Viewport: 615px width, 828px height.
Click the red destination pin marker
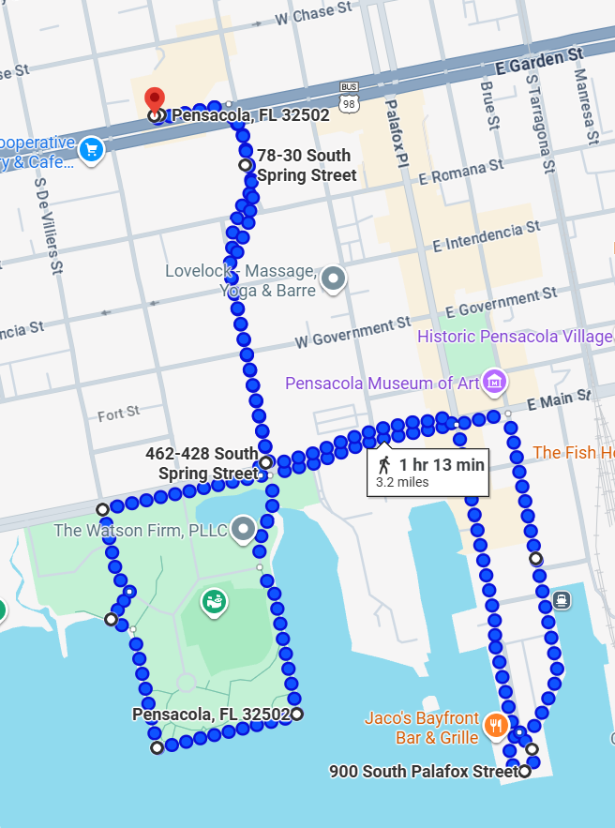[155, 100]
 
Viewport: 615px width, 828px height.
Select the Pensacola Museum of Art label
[382, 384]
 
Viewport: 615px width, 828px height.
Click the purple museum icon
[495, 382]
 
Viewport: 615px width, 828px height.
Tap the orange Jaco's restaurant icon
[496, 725]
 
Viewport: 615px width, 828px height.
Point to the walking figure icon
[383, 465]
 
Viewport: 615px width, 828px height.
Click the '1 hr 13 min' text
[442, 464]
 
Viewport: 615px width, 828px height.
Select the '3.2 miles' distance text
[402, 482]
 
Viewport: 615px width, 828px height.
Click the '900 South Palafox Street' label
[423, 772]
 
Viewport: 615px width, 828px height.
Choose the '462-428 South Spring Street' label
[202, 463]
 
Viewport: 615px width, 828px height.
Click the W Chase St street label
[314, 15]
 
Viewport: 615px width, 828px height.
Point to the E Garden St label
[539, 62]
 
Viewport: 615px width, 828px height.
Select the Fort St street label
[119, 414]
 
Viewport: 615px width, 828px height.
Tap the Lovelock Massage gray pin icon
[333, 279]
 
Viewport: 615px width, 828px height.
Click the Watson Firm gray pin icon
[244, 529]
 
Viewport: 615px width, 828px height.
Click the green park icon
[214, 601]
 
